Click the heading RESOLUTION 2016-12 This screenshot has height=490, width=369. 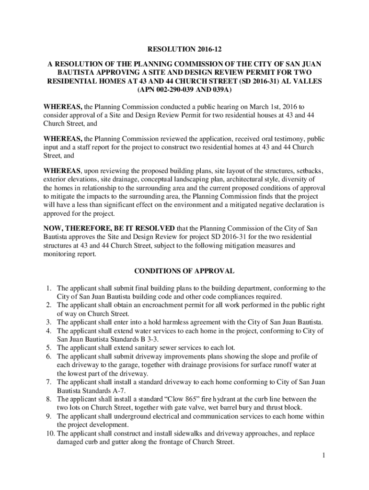pyautogui.click(x=184, y=49)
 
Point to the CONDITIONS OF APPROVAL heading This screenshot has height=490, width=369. pyautogui.click(x=184, y=271)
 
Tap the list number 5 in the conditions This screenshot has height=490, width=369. pyautogui.click(x=49, y=347)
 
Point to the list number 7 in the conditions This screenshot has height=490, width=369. pyautogui.click(x=49, y=382)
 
